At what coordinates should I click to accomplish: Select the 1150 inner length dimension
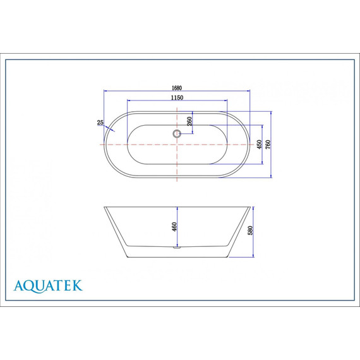pos(176,97)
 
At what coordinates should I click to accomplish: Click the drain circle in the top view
pos(177,133)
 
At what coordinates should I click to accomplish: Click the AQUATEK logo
pos(48,285)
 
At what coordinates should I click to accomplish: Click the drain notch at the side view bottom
pos(177,248)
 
